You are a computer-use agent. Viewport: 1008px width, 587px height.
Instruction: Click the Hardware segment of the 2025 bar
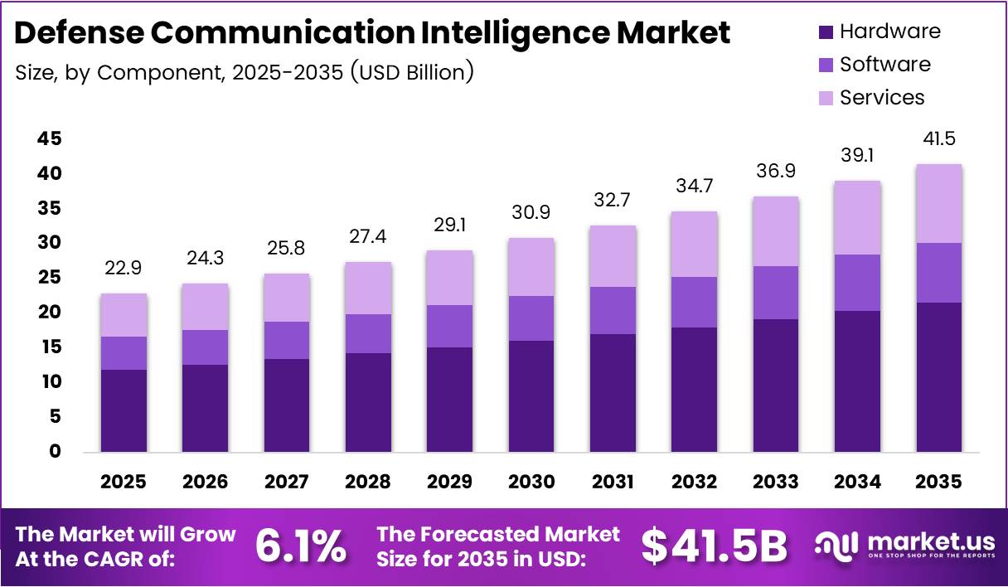124,410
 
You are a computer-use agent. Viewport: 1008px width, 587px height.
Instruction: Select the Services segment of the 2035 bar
939,204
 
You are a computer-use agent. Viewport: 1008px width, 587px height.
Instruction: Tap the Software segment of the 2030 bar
531,318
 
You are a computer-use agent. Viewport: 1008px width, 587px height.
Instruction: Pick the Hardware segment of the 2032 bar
694,390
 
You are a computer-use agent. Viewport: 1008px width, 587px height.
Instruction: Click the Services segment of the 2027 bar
287,298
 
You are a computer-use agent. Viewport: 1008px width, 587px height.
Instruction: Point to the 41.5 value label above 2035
939,138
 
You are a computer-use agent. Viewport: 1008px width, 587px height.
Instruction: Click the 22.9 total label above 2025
124,268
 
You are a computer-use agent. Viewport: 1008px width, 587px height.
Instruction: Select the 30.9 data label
531,212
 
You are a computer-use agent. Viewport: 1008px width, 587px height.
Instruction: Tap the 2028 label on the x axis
368,482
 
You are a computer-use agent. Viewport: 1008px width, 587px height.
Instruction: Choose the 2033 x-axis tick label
776,482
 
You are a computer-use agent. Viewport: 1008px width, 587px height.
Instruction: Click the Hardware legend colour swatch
826,32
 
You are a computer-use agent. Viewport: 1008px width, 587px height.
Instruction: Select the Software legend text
884,65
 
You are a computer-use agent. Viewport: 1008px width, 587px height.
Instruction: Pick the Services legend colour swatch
826,98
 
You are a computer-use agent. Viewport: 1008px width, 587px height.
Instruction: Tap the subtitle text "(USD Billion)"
411,72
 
